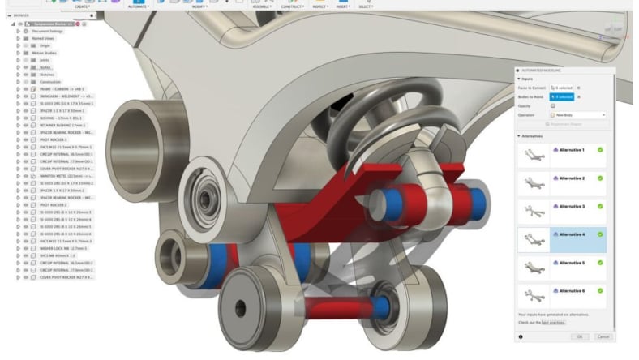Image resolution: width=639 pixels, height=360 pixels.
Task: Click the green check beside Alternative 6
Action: pyautogui.click(x=600, y=291)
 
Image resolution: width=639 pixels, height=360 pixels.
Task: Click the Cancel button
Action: pyautogui.click(x=603, y=336)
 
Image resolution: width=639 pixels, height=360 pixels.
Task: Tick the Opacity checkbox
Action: pyautogui.click(x=553, y=105)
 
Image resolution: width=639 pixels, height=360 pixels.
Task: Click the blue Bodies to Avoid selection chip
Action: pyautogui.click(x=561, y=96)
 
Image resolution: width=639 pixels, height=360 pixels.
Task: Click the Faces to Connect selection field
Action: pyautogui.click(x=561, y=87)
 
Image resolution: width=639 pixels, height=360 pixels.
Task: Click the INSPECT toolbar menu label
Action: pyautogui.click(x=319, y=7)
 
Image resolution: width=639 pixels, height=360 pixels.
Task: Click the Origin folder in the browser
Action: pyautogui.click(x=45, y=45)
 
